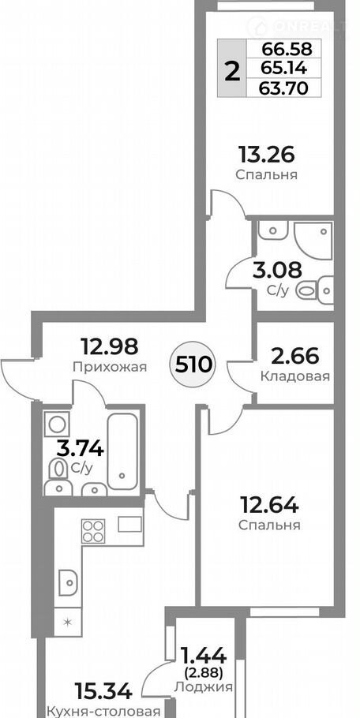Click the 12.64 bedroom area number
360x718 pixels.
tap(270, 506)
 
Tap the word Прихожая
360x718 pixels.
tap(110, 367)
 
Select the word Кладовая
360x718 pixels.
tap(295, 376)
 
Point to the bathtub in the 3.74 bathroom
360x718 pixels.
tap(122, 451)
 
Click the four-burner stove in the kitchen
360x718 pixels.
tap(93, 531)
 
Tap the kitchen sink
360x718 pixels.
tap(69, 582)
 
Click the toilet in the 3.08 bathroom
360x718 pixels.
tap(314, 289)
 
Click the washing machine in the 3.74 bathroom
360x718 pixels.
tap(57, 424)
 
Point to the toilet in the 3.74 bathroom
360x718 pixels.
tap(57, 469)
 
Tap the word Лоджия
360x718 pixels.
tap(204, 687)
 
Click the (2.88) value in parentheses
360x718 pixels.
tap(204, 673)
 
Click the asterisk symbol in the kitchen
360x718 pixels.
tap(67, 622)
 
